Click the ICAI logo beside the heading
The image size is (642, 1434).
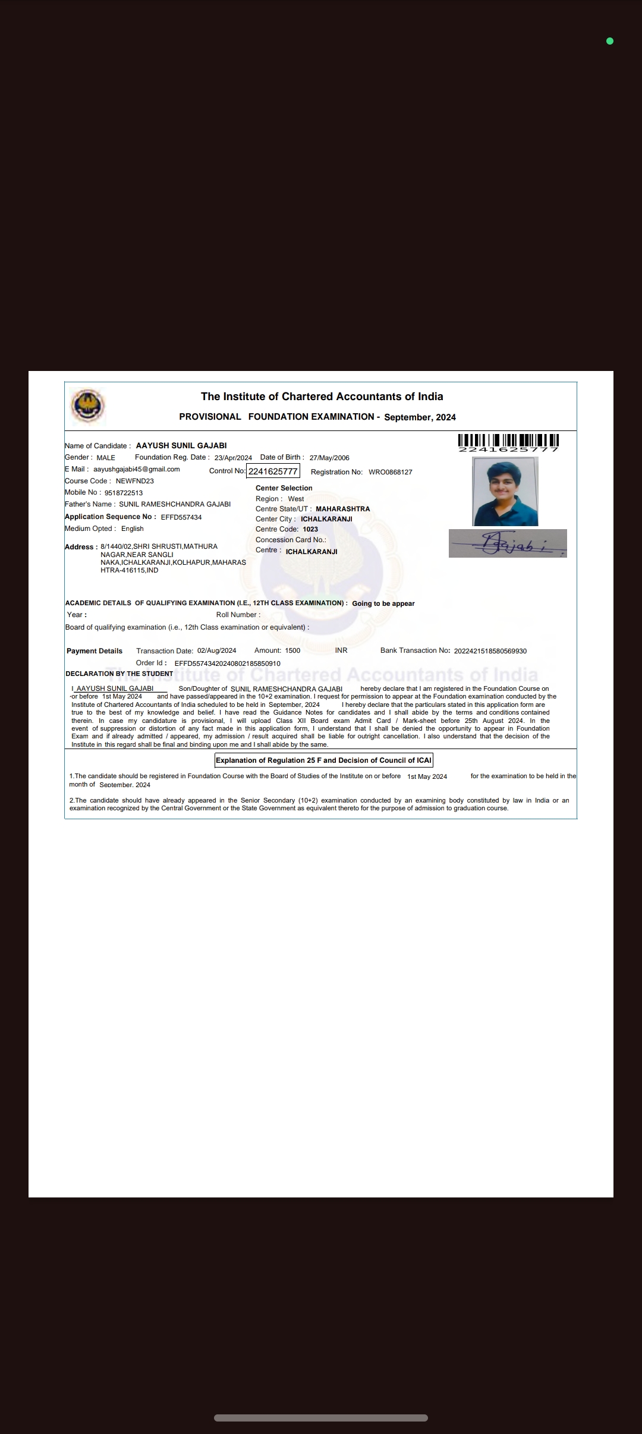88,407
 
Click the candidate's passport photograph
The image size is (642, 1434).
505,491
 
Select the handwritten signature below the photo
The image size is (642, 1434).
508,543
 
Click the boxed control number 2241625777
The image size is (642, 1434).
273,471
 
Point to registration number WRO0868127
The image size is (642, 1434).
391,472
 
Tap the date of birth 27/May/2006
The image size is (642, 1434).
329,458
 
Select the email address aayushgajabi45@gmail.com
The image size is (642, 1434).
137,469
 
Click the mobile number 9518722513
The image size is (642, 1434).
124,493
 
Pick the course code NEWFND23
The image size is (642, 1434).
135,481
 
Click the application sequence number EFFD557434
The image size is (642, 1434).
181,517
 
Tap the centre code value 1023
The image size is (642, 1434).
310,529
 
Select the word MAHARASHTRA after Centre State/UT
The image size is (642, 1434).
342,509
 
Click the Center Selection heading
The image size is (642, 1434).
284,488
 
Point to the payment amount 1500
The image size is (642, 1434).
292,650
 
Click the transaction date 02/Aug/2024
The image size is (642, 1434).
217,650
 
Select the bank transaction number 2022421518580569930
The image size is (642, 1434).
490,651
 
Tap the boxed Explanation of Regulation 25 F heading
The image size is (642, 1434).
323,760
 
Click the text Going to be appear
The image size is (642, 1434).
383,603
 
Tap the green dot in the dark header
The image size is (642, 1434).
609,41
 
